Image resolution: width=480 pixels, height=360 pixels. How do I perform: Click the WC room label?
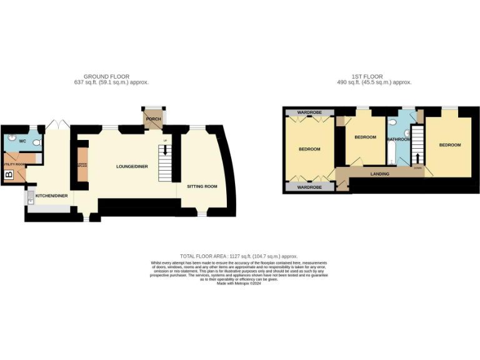click(22, 141)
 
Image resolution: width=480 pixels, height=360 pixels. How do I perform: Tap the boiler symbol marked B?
click(8, 175)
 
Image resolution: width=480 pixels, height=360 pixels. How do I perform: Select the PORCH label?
click(153, 119)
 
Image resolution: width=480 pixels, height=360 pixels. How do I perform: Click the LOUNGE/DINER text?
click(132, 167)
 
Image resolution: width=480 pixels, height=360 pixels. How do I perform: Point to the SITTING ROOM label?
click(202, 186)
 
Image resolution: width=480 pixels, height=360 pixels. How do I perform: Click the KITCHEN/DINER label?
click(51, 196)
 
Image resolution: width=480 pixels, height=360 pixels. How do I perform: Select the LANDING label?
click(380, 174)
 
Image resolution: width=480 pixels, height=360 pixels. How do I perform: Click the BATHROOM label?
click(398, 139)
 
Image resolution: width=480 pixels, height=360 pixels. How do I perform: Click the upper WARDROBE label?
click(309, 112)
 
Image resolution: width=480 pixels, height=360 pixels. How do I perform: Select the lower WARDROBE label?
click(309, 187)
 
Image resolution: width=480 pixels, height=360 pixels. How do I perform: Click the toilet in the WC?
click(36, 143)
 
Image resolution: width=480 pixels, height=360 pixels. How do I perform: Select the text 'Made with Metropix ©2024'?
click(239, 283)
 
